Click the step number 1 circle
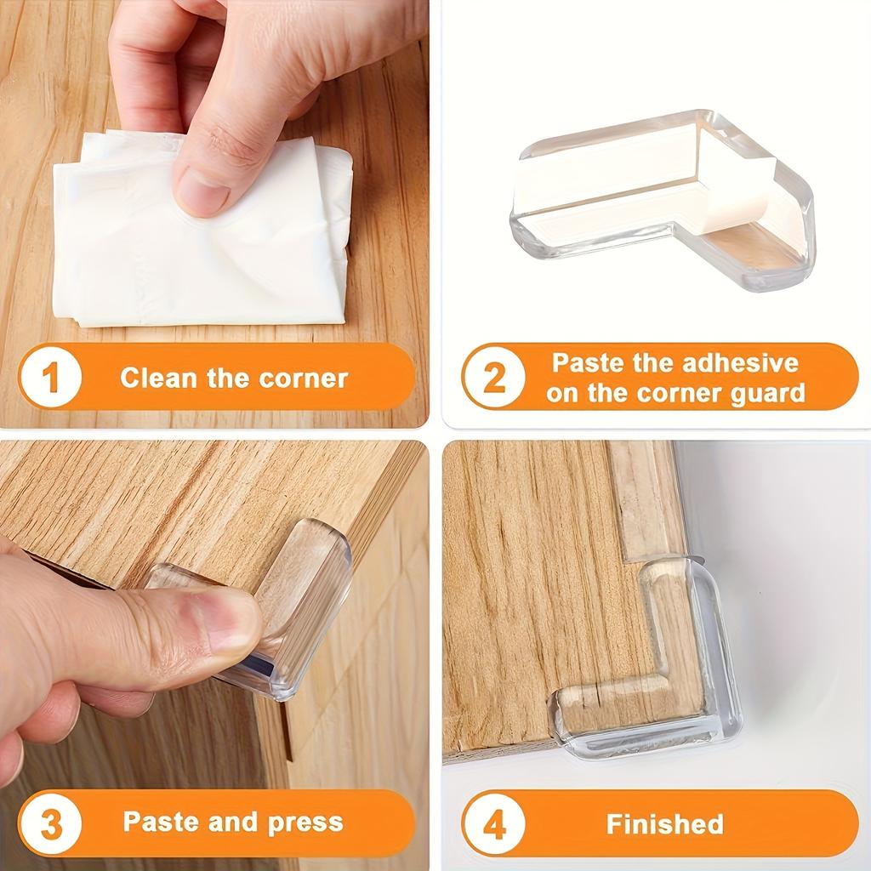[x=50, y=377]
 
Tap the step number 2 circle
[x=494, y=377]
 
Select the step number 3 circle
[x=50, y=823]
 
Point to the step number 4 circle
[x=494, y=823]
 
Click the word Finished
[x=664, y=823]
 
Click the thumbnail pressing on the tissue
[x=202, y=191]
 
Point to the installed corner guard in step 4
[x=655, y=672]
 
